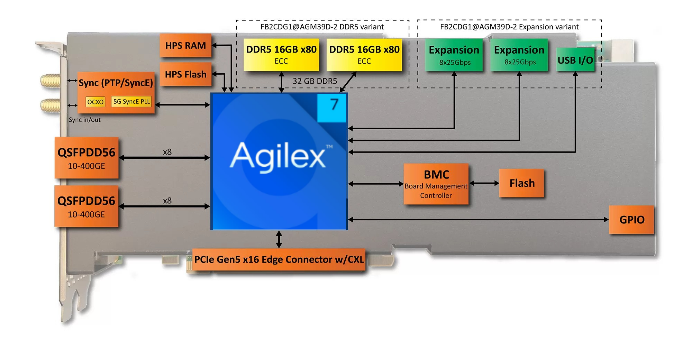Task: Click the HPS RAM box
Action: point(185,45)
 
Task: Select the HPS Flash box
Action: point(185,74)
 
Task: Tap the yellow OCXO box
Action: point(95,102)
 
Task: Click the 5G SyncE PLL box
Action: point(131,101)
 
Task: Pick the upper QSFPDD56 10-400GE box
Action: point(86,158)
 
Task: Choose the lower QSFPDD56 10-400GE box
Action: point(86,206)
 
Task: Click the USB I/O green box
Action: point(575,60)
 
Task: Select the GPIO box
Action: point(631,220)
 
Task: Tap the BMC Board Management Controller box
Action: point(436,184)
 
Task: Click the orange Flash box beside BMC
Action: point(521,183)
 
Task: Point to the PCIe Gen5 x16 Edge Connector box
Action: point(279,260)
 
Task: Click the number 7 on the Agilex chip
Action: point(334,104)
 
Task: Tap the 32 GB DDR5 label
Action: point(315,81)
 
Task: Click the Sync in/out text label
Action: point(84,120)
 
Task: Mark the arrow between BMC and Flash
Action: point(484,183)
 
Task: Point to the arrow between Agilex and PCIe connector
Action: point(279,239)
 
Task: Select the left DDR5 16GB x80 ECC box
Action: point(281,54)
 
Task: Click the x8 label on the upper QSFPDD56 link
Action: point(167,152)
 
